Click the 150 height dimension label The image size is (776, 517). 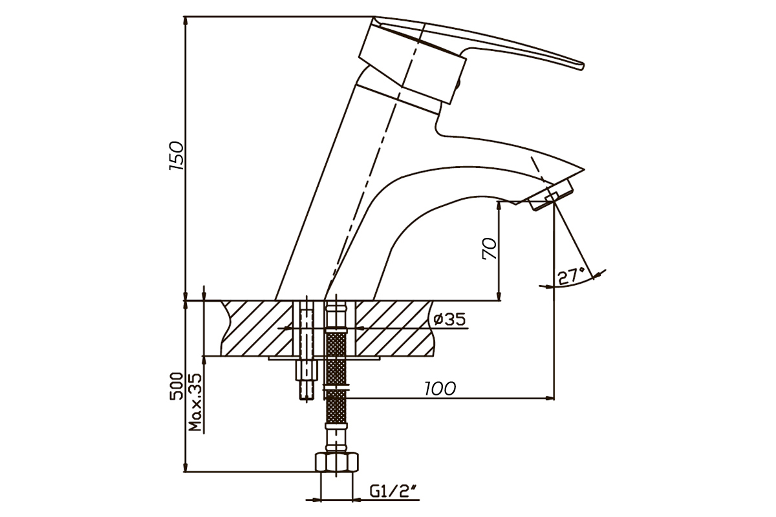[x=177, y=156]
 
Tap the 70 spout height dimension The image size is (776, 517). [x=490, y=248]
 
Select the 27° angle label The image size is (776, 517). [x=571, y=276]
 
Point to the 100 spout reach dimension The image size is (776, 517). [x=440, y=389]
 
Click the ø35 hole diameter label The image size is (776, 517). [x=449, y=319]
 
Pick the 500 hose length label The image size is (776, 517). [x=176, y=386]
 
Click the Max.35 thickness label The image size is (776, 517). [x=195, y=402]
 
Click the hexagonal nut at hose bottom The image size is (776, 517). [x=337, y=461]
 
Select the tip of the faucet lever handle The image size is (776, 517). [x=582, y=66]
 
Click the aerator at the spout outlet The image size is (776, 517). [x=551, y=195]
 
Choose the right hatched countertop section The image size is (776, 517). [x=395, y=328]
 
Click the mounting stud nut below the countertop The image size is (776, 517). [x=307, y=370]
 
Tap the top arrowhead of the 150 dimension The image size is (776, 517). [x=186, y=21]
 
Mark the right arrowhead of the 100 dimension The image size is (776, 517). [x=550, y=398]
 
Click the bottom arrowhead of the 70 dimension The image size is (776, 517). [x=499, y=295]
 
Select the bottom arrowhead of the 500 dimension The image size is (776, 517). [x=186, y=467]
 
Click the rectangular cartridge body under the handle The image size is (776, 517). [x=413, y=65]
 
